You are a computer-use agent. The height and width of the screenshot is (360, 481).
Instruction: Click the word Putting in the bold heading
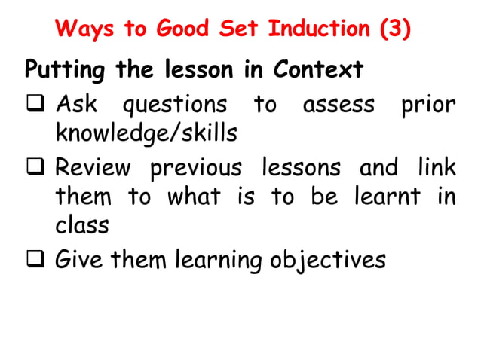click(x=66, y=72)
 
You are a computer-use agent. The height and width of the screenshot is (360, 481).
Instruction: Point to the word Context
click(x=318, y=70)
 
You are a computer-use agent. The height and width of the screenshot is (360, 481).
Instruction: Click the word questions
click(x=174, y=105)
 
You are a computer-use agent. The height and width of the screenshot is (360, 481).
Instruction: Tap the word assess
click(x=339, y=104)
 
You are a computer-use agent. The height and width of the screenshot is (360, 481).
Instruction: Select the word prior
click(x=428, y=104)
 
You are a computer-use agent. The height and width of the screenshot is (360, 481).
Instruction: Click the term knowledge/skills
click(x=146, y=134)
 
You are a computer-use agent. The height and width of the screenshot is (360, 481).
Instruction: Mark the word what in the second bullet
click(x=194, y=197)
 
